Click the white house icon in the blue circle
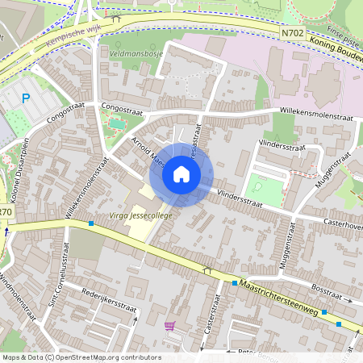(x=181, y=174)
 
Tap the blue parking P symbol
(x=26, y=98)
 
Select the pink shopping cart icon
(x=169, y=326)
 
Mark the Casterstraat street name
(x=211, y=315)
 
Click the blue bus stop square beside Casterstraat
(x=234, y=283)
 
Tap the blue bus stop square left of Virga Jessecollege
(x=90, y=220)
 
